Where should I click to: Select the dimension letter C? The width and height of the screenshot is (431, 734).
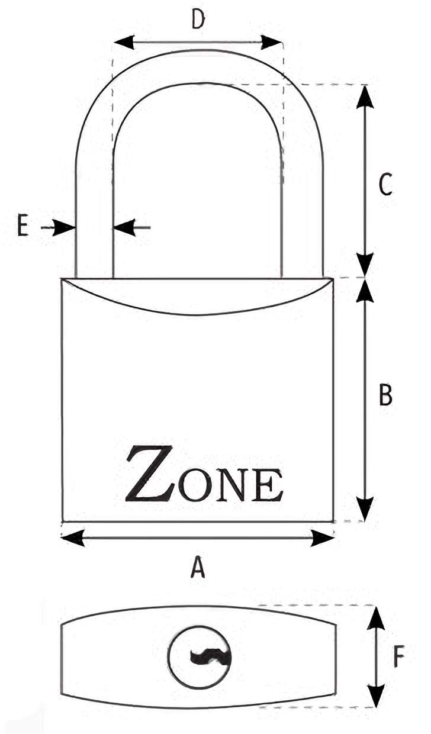pyautogui.click(x=385, y=184)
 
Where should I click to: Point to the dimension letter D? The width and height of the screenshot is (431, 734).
pyautogui.click(x=198, y=20)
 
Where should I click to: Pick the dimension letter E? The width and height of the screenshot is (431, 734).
pyautogui.click(x=22, y=226)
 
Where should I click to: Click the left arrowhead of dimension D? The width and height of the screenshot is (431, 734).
pyautogui.click(x=124, y=42)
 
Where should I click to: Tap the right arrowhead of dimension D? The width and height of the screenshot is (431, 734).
pyautogui.click(x=271, y=42)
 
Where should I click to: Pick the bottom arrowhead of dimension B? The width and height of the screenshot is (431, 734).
pyautogui.click(x=365, y=509)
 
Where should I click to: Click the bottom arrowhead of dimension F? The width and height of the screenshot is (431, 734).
pyautogui.click(x=375, y=691)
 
